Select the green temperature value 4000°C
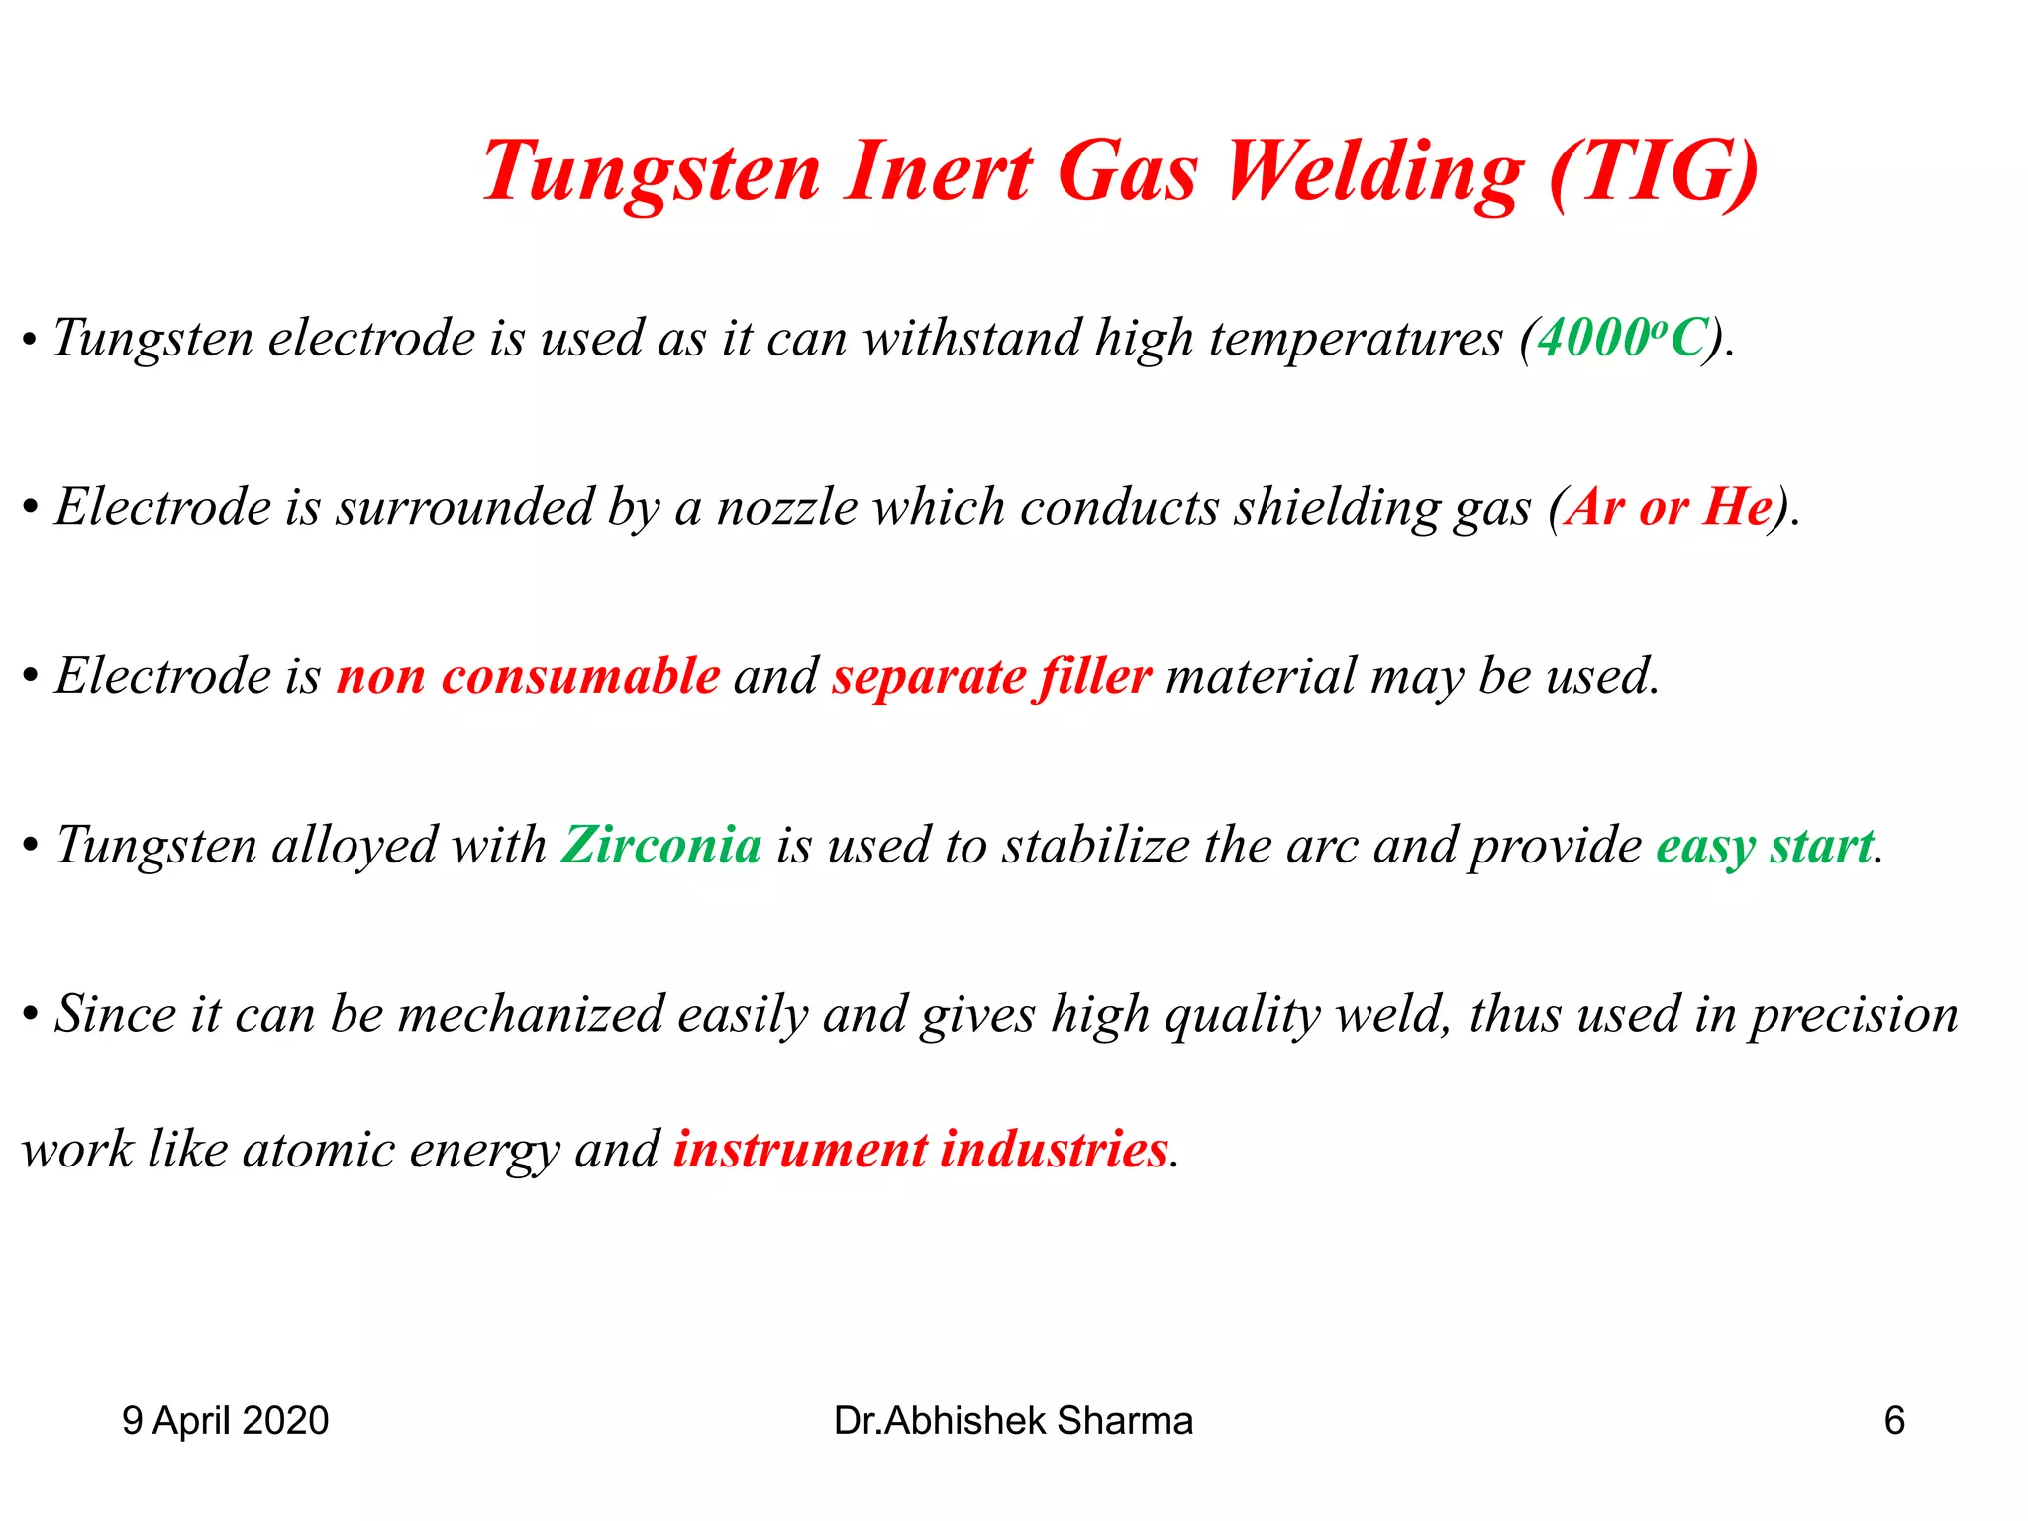[x=1622, y=339]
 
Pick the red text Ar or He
[x=1669, y=508]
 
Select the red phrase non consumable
[x=528, y=677]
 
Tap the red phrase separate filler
[x=991, y=677]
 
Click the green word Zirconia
[x=661, y=846]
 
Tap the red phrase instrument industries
[x=921, y=1150]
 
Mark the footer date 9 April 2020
[x=225, y=1421]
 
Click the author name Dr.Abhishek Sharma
[x=1013, y=1421]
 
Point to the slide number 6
[x=1893, y=1421]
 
